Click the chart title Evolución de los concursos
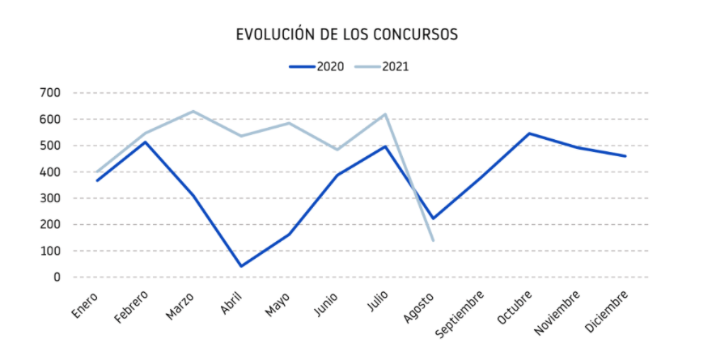pos(347,34)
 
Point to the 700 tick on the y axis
pos(50,93)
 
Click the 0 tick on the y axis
pos(57,277)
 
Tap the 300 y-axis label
pos(50,198)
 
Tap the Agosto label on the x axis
pos(420,307)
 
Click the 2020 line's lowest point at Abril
pos(241,266)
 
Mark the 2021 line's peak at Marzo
pos(193,111)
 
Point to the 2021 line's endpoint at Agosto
pos(434,240)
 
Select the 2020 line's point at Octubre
pos(529,133)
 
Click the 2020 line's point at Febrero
pos(145,142)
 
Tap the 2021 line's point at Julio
pos(385,114)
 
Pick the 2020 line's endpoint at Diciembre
pos(625,156)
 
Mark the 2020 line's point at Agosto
pos(434,218)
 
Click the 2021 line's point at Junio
pos(337,150)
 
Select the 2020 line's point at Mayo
pos(289,235)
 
